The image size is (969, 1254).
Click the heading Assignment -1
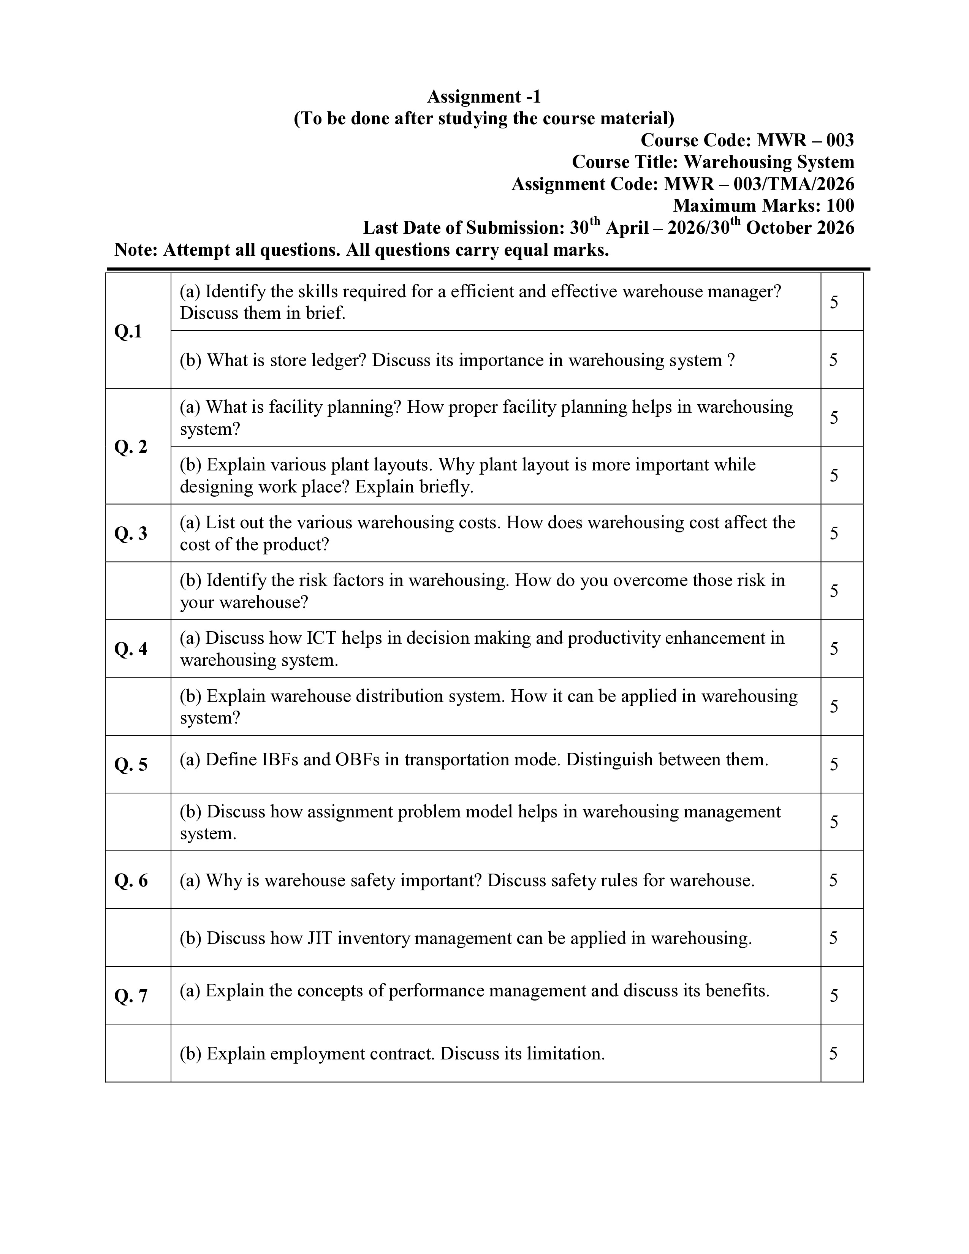(x=483, y=97)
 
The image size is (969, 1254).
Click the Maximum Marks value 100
(x=840, y=206)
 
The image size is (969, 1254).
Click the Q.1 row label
(x=128, y=331)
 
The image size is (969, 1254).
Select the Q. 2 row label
(x=131, y=447)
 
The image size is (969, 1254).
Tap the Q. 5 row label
(x=131, y=764)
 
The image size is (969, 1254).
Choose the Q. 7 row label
(x=131, y=996)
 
